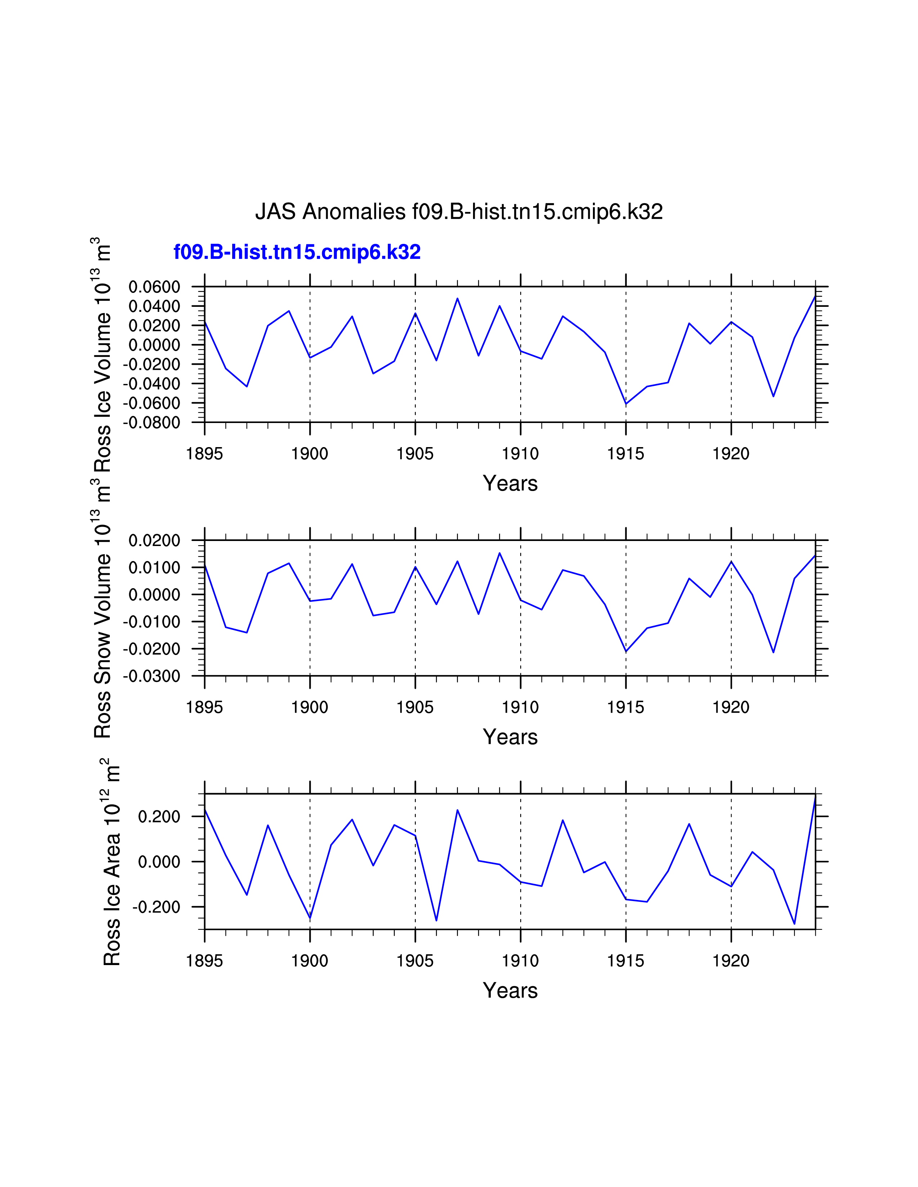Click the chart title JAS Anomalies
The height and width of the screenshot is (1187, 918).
point(458,212)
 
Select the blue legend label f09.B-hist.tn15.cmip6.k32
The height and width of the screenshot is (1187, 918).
point(297,252)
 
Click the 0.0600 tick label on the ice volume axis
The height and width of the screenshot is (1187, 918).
point(154,287)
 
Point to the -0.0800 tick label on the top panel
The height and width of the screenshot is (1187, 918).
point(151,422)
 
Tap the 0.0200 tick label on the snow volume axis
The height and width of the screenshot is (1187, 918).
point(154,541)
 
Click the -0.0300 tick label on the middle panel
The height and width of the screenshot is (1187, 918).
point(151,677)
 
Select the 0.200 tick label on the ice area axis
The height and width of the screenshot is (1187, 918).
point(159,817)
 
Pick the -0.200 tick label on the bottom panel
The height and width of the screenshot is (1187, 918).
point(156,907)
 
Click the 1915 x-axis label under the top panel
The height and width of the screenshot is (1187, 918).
point(625,454)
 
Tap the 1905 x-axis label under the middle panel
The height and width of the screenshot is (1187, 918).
point(415,708)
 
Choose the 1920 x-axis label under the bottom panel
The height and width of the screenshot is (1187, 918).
point(731,961)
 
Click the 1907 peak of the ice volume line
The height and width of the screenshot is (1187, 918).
point(457,299)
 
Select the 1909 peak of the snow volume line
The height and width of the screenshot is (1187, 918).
point(499,553)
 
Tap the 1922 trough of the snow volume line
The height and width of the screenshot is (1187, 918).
point(773,652)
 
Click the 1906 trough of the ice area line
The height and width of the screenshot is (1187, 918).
point(436,920)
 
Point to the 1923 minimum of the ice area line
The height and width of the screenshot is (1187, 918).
point(795,923)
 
